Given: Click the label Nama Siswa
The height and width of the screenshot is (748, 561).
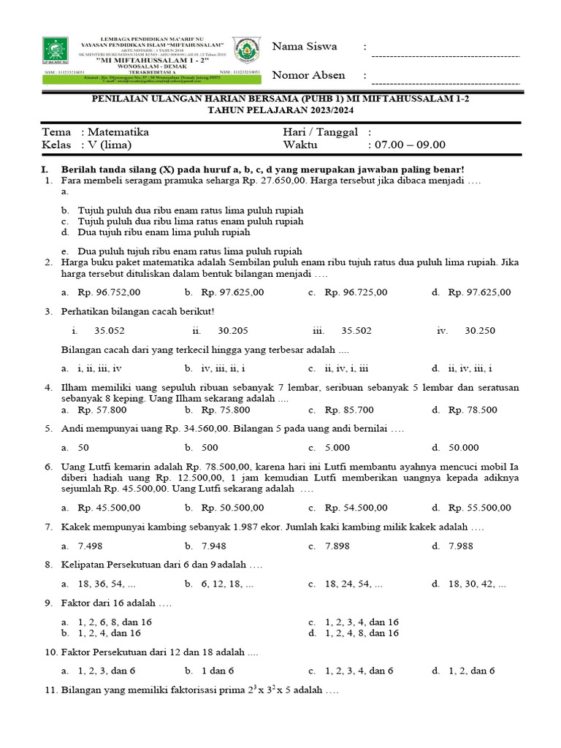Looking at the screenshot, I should point(305,47).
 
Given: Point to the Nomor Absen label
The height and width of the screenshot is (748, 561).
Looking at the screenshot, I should point(308,75).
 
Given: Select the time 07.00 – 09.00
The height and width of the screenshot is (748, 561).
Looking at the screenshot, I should point(410,145).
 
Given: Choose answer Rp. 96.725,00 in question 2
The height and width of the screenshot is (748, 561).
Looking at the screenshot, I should point(356,292).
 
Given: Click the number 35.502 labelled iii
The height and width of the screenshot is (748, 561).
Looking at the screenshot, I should point(356,330).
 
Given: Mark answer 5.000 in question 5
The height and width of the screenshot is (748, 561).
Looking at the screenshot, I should point(337,448).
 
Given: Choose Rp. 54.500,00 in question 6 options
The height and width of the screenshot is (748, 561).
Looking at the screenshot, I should point(356,508).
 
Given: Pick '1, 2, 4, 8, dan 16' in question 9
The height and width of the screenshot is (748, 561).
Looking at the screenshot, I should point(362,633).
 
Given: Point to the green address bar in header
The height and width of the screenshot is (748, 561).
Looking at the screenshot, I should point(135,80).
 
